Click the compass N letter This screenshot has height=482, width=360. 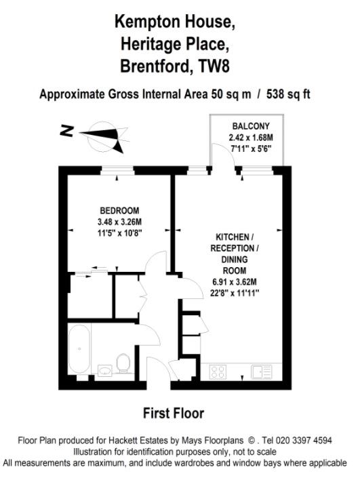click(66, 132)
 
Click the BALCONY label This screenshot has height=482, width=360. click(251, 126)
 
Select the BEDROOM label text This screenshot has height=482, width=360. click(119, 210)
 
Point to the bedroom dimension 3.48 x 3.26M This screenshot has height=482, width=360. click(119, 222)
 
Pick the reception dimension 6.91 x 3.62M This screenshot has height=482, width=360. click(235, 282)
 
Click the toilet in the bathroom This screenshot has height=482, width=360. click(123, 364)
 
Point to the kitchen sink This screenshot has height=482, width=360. click(261, 371)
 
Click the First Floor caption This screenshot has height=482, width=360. click(174, 413)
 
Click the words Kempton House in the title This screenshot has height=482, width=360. click(174, 22)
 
